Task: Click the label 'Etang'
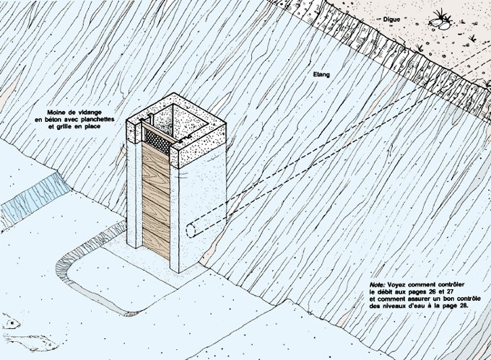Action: (x=322, y=74)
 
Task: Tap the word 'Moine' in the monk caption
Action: (x=59, y=113)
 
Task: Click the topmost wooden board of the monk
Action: (x=157, y=161)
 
